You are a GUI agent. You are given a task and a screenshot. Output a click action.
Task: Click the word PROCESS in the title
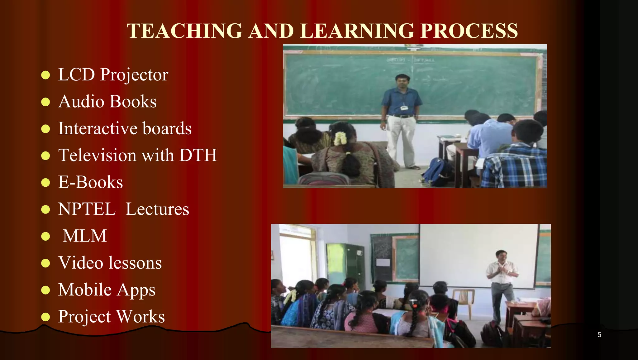469,31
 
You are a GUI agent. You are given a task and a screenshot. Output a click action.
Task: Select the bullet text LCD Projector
113,75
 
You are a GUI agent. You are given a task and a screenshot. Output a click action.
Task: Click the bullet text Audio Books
107,102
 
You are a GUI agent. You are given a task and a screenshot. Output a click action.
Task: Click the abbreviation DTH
198,155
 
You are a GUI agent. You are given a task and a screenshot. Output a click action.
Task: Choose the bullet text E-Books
90,182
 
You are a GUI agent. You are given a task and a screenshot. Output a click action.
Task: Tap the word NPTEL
87,209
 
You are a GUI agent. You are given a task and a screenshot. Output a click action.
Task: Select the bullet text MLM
85,236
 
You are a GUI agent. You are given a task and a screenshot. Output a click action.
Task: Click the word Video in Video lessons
80,263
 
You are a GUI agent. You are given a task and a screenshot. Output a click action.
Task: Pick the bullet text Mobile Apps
107,290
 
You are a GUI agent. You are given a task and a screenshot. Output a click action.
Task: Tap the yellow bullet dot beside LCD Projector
45,75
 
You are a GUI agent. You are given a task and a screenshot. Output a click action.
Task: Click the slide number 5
599,335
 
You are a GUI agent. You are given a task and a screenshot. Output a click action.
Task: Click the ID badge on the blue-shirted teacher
404,108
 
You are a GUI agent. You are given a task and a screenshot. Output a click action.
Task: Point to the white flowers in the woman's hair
340,138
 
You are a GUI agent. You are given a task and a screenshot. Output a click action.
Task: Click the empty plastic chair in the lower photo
463,299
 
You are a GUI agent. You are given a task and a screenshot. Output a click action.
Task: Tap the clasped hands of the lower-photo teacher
502,269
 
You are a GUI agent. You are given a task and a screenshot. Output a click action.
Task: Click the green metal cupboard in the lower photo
346,265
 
